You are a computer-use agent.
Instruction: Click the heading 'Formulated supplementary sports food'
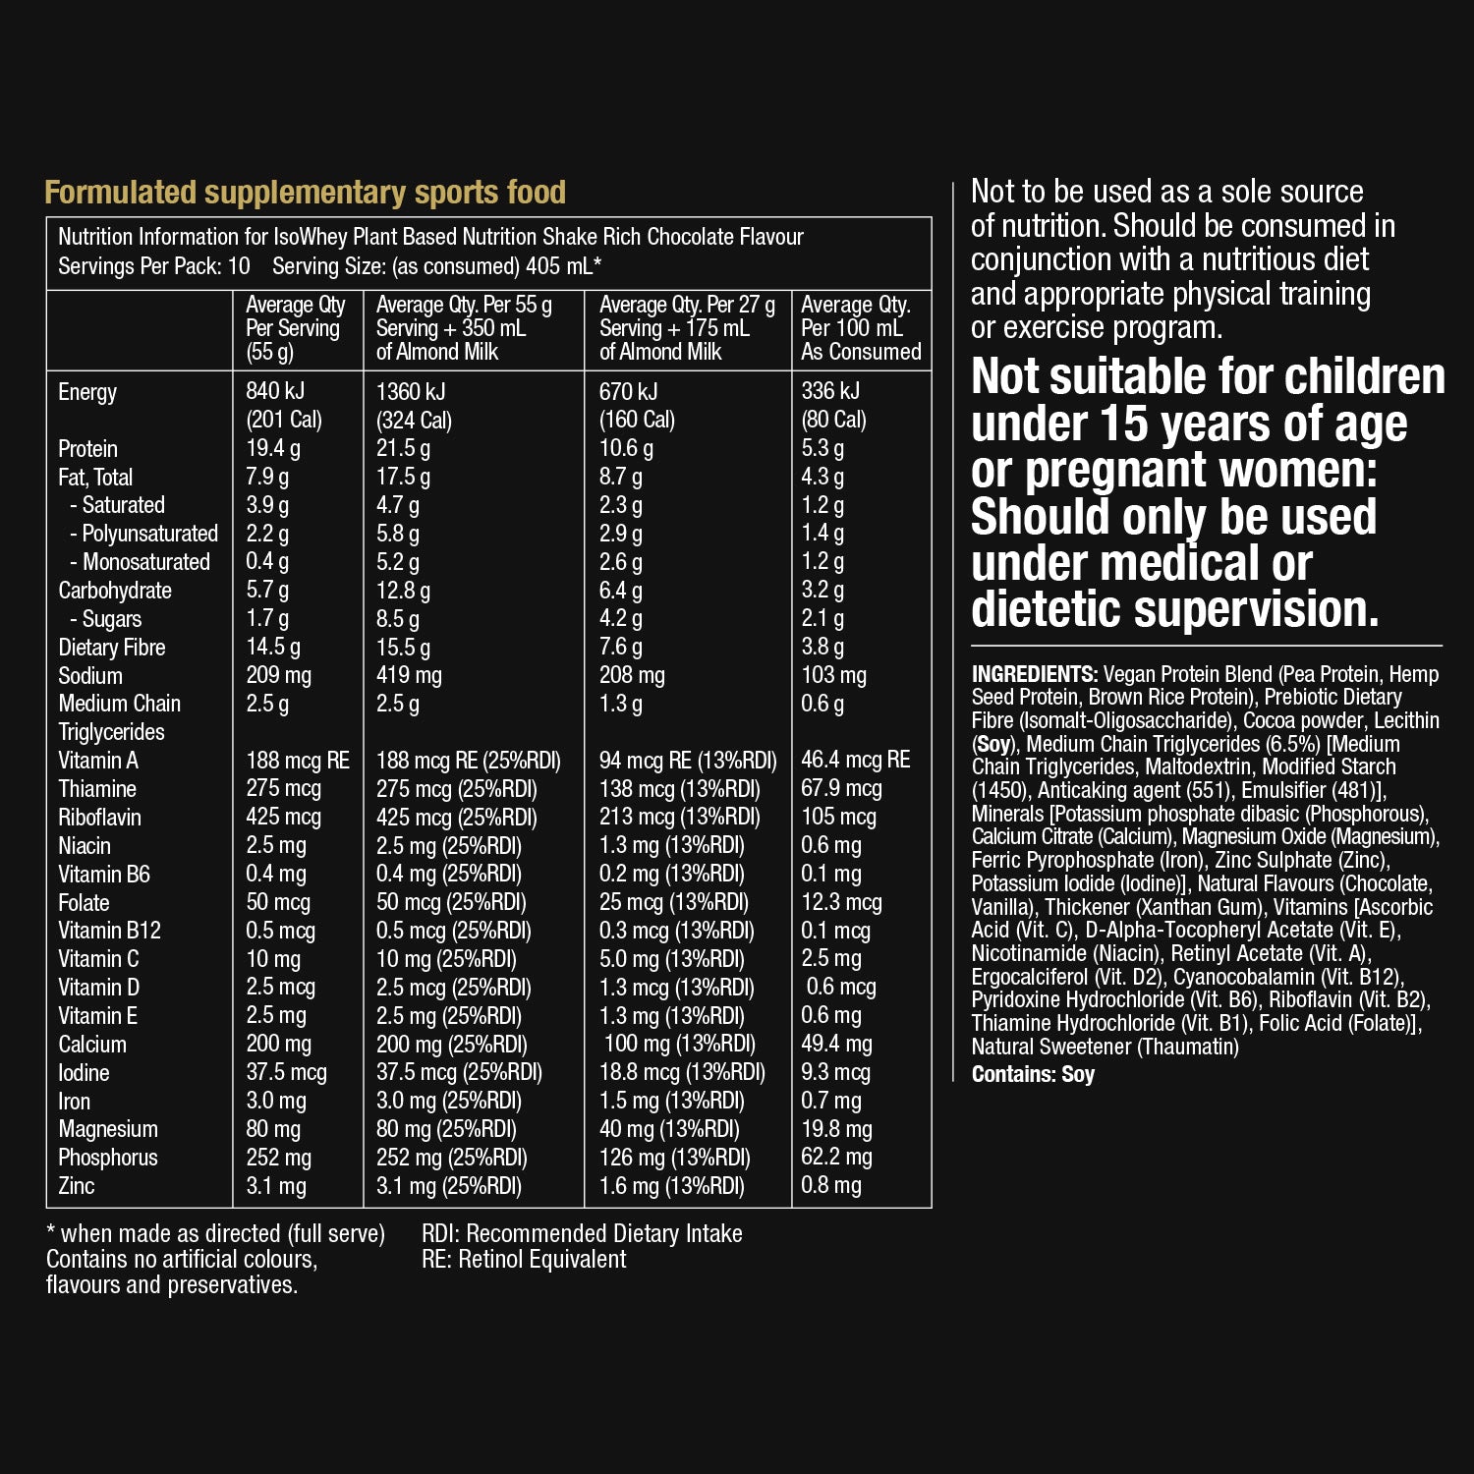tap(305, 193)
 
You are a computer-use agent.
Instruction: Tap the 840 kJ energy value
tap(275, 391)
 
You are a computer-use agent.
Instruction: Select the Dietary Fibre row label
tap(111, 648)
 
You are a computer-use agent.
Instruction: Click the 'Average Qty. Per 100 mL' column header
tap(861, 328)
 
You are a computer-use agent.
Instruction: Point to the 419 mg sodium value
tap(409, 676)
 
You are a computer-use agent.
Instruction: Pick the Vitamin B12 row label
tap(109, 931)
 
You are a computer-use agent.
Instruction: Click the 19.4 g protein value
tap(273, 449)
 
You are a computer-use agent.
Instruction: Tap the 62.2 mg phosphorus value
tap(836, 1158)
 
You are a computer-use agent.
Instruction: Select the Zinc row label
tap(77, 1186)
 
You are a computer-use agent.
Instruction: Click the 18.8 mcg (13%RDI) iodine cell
tap(682, 1072)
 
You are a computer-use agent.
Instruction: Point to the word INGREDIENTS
tap(1034, 674)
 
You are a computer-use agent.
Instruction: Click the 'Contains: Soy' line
tap(1033, 1074)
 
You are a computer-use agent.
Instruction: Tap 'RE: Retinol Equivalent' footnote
tap(524, 1260)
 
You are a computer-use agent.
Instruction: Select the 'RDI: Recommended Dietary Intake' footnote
tap(582, 1234)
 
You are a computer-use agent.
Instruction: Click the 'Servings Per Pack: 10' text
tap(154, 266)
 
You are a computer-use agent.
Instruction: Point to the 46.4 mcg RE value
tap(855, 760)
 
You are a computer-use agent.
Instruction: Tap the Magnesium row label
tap(108, 1129)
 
